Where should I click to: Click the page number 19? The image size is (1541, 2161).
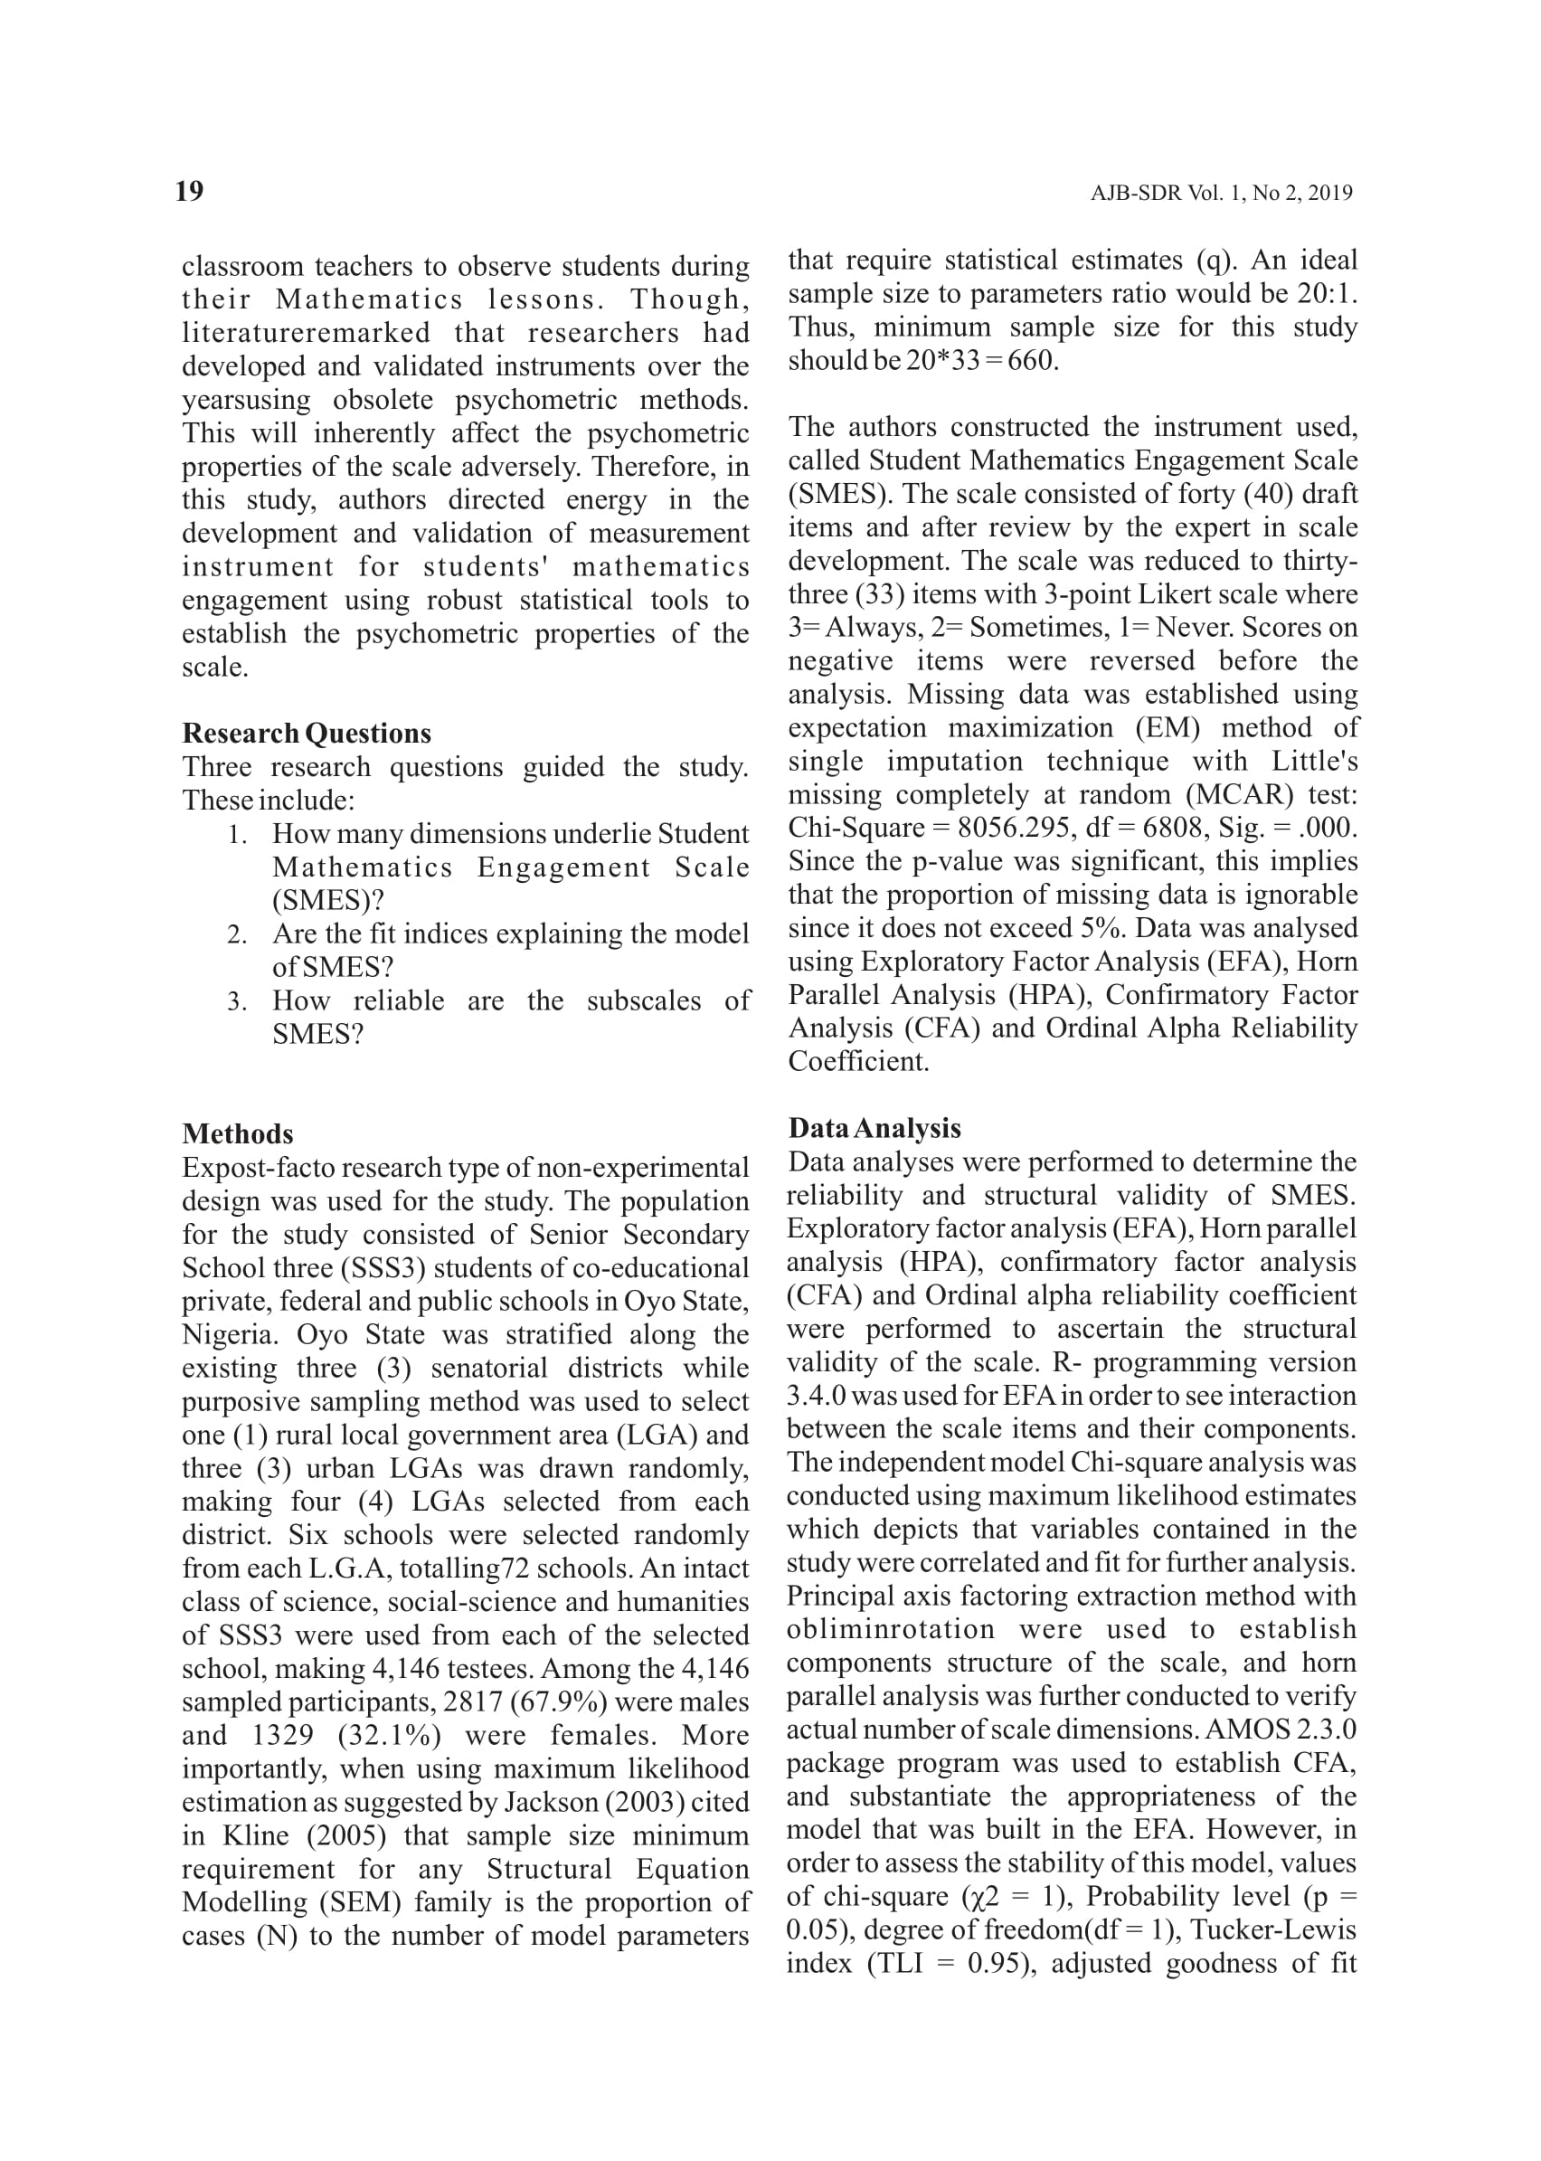pyautogui.click(x=190, y=191)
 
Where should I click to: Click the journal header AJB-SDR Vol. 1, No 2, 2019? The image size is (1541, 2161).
pyautogui.click(x=1221, y=193)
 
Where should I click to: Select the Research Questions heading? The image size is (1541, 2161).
pyautogui.click(x=307, y=733)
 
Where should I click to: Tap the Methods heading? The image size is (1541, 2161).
pyautogui.click(x=237, y=1133)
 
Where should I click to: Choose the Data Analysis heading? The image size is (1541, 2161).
pyautogui.click(x=874, y=1127)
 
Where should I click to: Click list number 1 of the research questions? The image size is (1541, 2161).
pyautogui.click(x=237, y=835)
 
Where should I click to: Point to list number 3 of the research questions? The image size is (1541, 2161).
pyautogui.click(x=237, y=1002)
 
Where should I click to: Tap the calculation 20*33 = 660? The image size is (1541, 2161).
pyautogui.click(x=980, y=361)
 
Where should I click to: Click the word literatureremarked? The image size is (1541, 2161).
pyautogui.click(x=306, y=333)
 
